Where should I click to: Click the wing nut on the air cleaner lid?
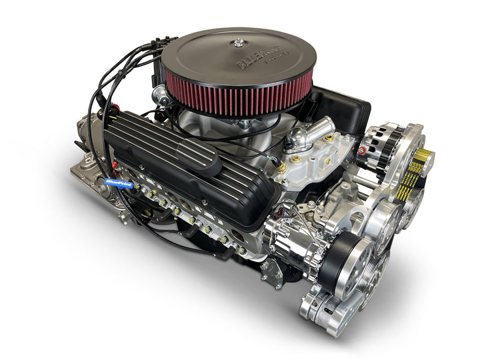point(238,43)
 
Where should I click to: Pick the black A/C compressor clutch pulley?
point(340,257)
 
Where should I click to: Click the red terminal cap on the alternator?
point(363,150)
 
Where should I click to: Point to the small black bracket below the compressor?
point(272,272)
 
